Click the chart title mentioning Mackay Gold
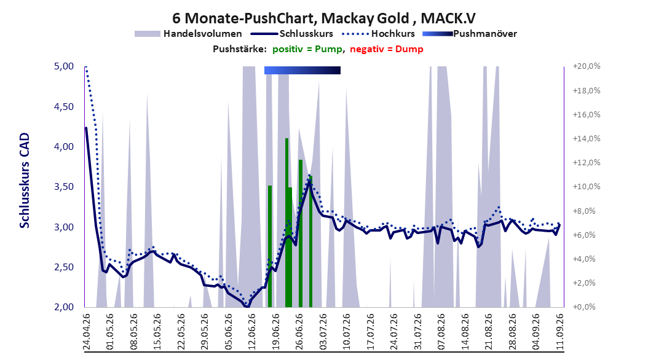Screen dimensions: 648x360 [x=323, y=18]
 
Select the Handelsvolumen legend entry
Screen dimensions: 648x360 [x=188, y=34]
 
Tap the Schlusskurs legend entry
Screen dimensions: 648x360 [x=291, y=34]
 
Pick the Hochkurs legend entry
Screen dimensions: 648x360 [x=378, y=34]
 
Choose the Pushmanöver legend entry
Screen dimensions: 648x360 [x=470, y=34]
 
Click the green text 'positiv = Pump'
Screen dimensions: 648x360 [x=307, y=49]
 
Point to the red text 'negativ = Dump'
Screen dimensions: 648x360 [x=387, y=49]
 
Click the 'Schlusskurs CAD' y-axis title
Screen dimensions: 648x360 [x=25, y=181]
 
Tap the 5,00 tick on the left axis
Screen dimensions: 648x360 [x=64, y=66]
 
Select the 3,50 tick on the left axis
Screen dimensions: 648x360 [x=64, y=187]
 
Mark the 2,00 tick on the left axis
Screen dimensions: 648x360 [x=64, y=307]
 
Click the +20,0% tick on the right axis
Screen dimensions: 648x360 [x=587, y=66]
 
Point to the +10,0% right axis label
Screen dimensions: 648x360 [x=587, y=187]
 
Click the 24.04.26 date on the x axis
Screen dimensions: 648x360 [x=87, y=332]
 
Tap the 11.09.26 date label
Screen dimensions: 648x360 [x=560, y=332]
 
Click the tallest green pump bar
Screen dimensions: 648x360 [x=287, y=223]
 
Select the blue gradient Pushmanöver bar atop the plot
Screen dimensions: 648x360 [x=302, y=70]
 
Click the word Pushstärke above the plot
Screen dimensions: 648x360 [x=240, y=49]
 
